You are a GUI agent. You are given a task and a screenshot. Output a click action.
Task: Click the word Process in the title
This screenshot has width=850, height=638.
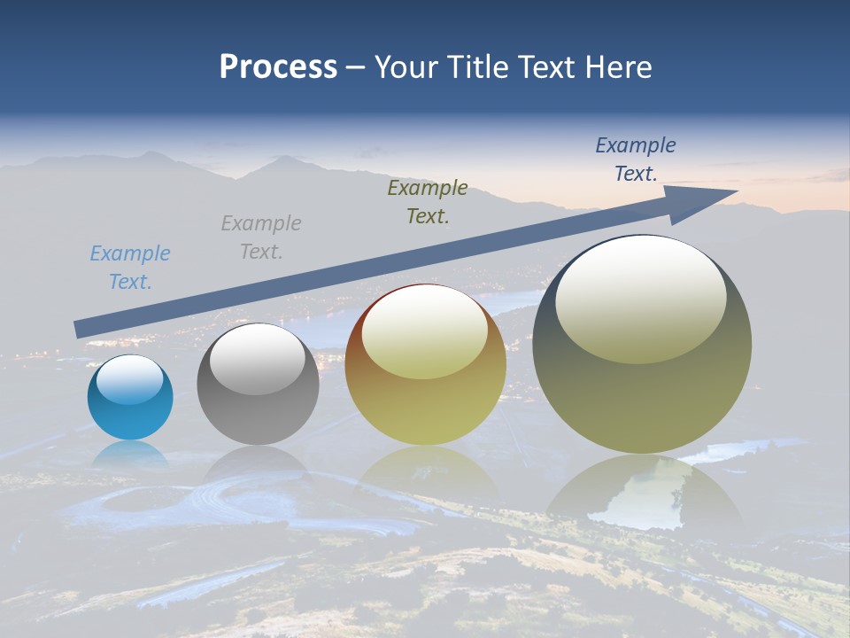pos(278,67)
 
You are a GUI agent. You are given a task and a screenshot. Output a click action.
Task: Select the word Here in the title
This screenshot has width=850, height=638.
pos(616,67)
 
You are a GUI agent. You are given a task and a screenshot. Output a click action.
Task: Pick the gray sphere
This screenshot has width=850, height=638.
pos(258,408)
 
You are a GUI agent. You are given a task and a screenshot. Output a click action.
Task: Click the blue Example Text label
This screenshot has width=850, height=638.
pos(130,268)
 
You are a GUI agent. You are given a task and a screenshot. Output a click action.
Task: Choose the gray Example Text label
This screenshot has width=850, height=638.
pos(261,237)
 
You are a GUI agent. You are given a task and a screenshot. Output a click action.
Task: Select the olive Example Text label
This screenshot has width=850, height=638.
pos(428,201)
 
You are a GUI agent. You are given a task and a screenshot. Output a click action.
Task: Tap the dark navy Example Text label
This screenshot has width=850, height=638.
pos(636,159)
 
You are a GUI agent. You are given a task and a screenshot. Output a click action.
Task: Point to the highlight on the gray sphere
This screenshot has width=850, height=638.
pos(258,359)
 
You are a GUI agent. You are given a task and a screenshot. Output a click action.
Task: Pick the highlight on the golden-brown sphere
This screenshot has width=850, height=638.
pos(424,333)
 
